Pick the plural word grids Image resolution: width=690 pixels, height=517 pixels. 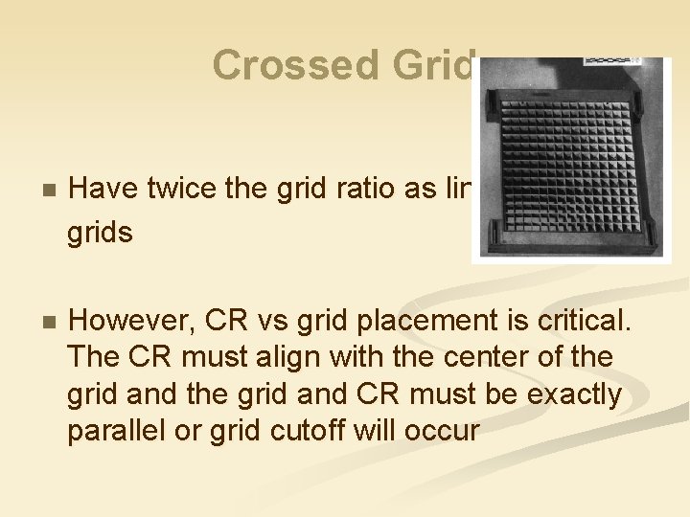pyautogui.click(x=100, y=231)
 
